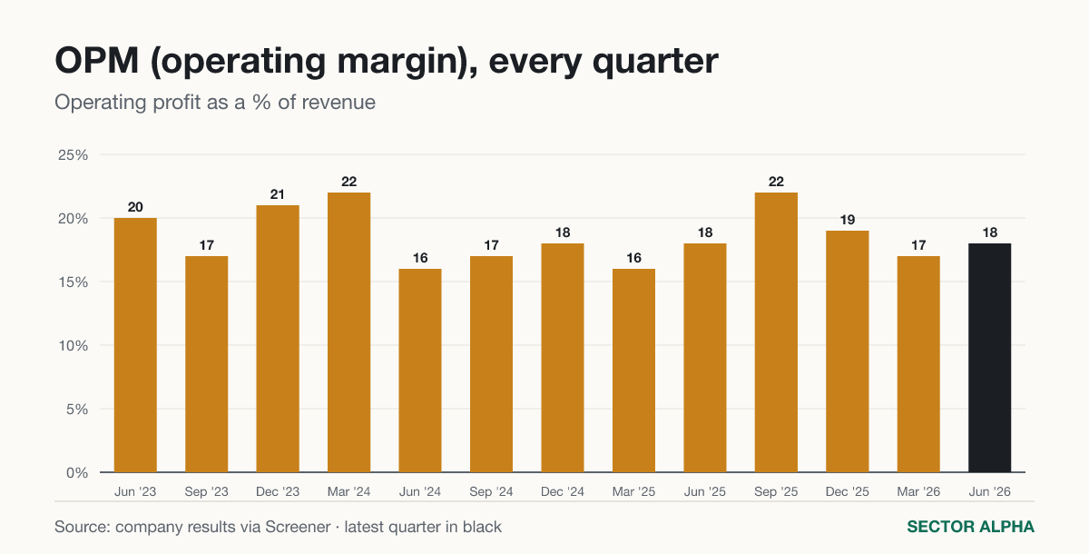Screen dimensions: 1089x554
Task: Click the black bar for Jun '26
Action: pyautogui.click(x=989, y=358)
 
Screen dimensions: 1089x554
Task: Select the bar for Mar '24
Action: pyautogui.click(x=348, y=332)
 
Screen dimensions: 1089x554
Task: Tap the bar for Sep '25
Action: pyautogui.click(x=776, y=332)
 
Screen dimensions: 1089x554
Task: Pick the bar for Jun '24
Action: pyautogui.click(x=420, y=371)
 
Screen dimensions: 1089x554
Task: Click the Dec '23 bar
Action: pyautogui.click(x=278, y=339)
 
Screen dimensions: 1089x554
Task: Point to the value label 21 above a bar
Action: pyautogui.click(x=277, y=194)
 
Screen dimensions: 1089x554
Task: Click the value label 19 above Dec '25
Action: pyautogui.click(x=848, y=220)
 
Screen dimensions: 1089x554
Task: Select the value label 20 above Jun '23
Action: pyautogui.click(x=135, y=207)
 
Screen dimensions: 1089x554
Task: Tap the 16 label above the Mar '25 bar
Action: pyautogui.click(x=633, y=258)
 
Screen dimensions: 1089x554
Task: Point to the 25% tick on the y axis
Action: pyautogui.click(x=73, y=155)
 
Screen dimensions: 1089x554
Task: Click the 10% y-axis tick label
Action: pyautogui.click(x=73, y=346)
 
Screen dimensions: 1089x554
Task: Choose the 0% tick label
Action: pyautogui.click(x=77, y=473)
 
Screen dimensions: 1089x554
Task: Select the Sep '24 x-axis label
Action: pyautogui.click(x=491, y=491)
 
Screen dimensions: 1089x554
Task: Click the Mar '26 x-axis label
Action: pyautogui.click(x=918, y=491)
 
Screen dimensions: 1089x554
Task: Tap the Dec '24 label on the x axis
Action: pyautogui.click(x=563, y=491)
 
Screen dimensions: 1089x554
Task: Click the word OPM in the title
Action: pyautogui.click(x=97, y=61)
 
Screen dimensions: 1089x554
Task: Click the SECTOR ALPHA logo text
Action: pyautogui.click(x=970, y=527)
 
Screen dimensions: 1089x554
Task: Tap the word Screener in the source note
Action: pyautogui.click(x=298, y=527)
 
